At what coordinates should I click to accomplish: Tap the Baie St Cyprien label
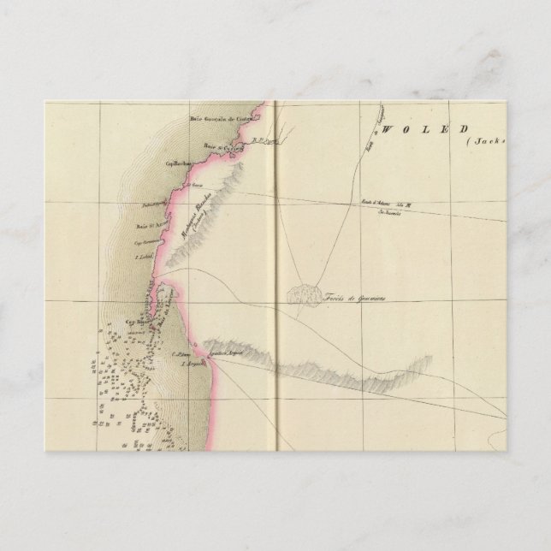pos(224,147)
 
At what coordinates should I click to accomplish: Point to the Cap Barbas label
pos(177,162)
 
